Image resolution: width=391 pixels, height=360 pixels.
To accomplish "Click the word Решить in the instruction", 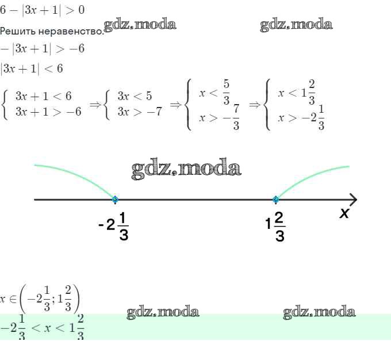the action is click(x=18, y=32).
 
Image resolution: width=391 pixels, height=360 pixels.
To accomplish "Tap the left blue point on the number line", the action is click(x=115, y=200).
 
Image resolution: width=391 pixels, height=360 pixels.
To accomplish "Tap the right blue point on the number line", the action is click(x=275, y=200).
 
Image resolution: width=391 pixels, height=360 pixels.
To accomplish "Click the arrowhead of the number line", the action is click(x=354, y=200).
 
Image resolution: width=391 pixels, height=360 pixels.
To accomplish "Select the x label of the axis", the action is click(x=344, y=213).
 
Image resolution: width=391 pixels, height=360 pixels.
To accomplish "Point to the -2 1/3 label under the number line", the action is click(x=114, y=226).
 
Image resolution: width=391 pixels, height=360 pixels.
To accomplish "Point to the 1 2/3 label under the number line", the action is click(x=275, y=227).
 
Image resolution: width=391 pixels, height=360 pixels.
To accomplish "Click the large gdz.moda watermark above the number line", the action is click(x=186, y=168).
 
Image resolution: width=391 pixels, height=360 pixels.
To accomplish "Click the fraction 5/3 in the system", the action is click(x=226, y=92).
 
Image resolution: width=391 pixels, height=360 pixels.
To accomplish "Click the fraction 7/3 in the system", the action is click(x=236, y=117).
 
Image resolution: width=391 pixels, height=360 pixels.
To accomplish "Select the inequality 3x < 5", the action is click(x=135, y=96).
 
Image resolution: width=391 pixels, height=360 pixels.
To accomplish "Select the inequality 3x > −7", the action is click(x=140, y=112).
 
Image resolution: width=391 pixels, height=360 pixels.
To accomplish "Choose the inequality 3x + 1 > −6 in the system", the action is click(x=48, y=112).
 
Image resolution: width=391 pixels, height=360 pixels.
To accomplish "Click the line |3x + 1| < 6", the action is click(x=32, y=68).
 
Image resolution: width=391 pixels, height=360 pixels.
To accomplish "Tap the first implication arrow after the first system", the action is click(x=95, y=105).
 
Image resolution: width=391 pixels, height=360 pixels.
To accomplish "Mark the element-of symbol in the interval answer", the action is click(x=13, y=299).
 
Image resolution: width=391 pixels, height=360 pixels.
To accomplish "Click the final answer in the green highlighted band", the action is click(x=42, y=327).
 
